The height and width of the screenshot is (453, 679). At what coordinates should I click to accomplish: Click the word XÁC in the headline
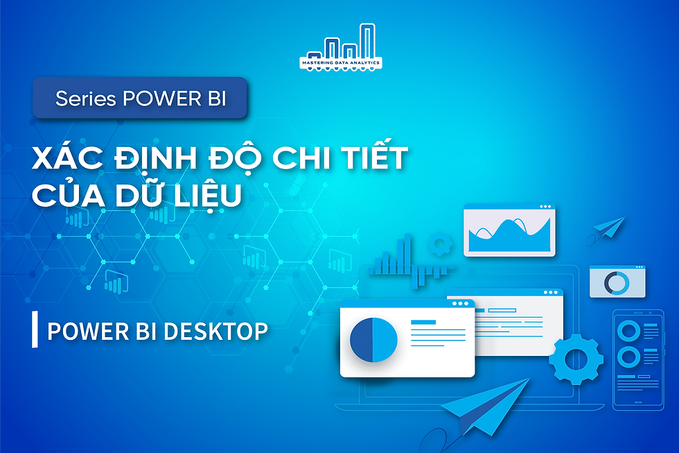tap(67, 159)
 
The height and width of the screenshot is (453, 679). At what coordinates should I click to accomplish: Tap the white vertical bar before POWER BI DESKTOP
tap(35, 330)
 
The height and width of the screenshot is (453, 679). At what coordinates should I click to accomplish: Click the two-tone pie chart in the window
tap(373, 339)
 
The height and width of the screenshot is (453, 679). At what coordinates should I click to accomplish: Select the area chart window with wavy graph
tap(509, 230)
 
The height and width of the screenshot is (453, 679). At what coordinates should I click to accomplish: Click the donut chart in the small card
tap(615, 283)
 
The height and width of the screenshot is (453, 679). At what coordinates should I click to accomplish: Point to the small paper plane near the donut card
tap(608, 228)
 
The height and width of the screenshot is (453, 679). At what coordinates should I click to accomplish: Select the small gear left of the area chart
tap(439, 244)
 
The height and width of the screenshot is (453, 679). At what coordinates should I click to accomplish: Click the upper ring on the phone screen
tap(628, 330)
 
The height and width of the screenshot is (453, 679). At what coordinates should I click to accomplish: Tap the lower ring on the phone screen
tap(628, 357)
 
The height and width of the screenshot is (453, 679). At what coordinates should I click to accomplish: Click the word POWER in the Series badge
tap(153, 99)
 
